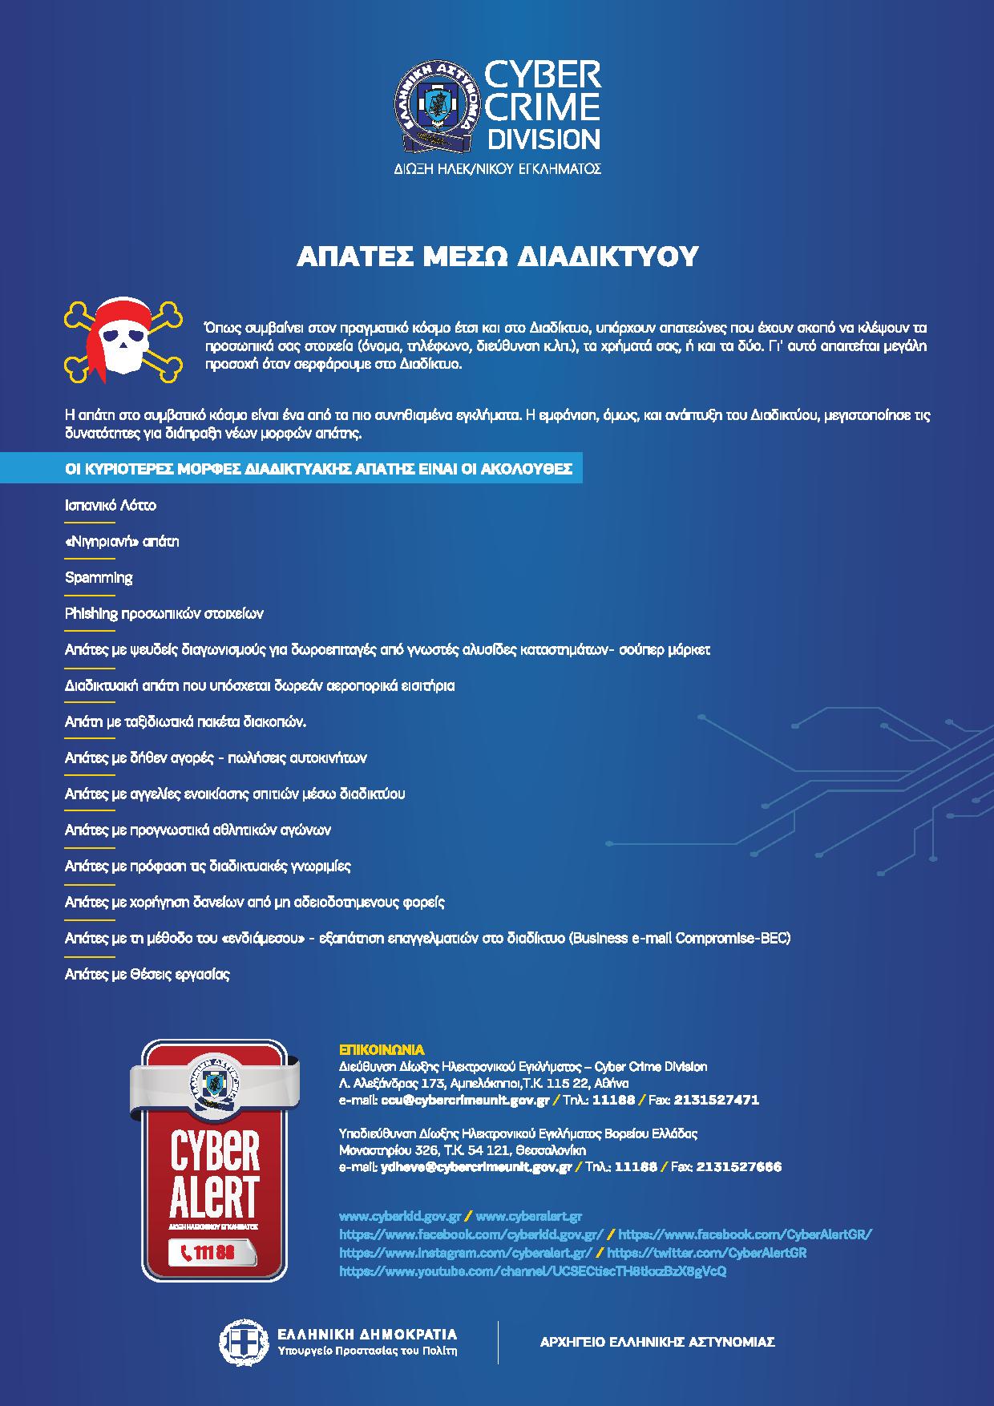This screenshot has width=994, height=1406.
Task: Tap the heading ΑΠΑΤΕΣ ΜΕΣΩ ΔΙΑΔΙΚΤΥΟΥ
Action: (497, 256)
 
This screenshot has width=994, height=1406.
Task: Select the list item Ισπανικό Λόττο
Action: (111, 506)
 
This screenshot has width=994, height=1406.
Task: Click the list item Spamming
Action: (99, 578)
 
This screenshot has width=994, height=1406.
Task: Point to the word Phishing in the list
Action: (91, 614)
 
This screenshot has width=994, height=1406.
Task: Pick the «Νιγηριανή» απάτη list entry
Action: (122, 542)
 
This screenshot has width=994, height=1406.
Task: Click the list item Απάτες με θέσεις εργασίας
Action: (147, 975)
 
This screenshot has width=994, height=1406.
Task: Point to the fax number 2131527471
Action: (716, 1100)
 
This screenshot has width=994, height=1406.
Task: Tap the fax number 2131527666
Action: (738, 1166)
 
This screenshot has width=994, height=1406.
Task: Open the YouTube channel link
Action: (532, 1271)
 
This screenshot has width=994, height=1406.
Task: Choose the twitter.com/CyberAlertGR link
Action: (706, 1253)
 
